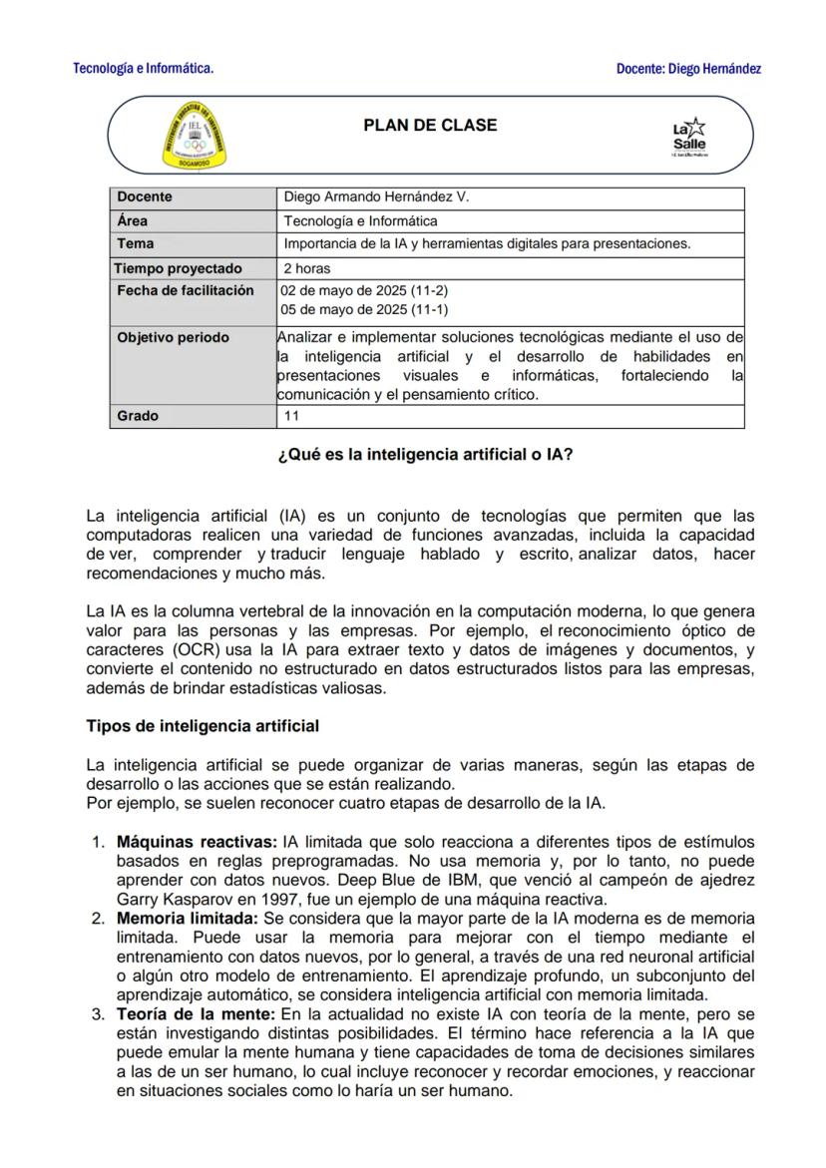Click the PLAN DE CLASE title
point(430,126)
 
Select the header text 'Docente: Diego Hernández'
point(688,69)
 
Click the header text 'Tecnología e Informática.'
point(143,69)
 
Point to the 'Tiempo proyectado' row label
point(178,268)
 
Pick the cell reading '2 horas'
point(307,268)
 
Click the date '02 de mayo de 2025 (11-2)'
point(365,290)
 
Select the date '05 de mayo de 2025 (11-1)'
point(365,309)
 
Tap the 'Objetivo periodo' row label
point(173,338)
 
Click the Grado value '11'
point(292,416)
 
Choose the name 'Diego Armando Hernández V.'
point(376,197)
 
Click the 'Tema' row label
point(136,243)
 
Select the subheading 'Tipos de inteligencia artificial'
point(203,725)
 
